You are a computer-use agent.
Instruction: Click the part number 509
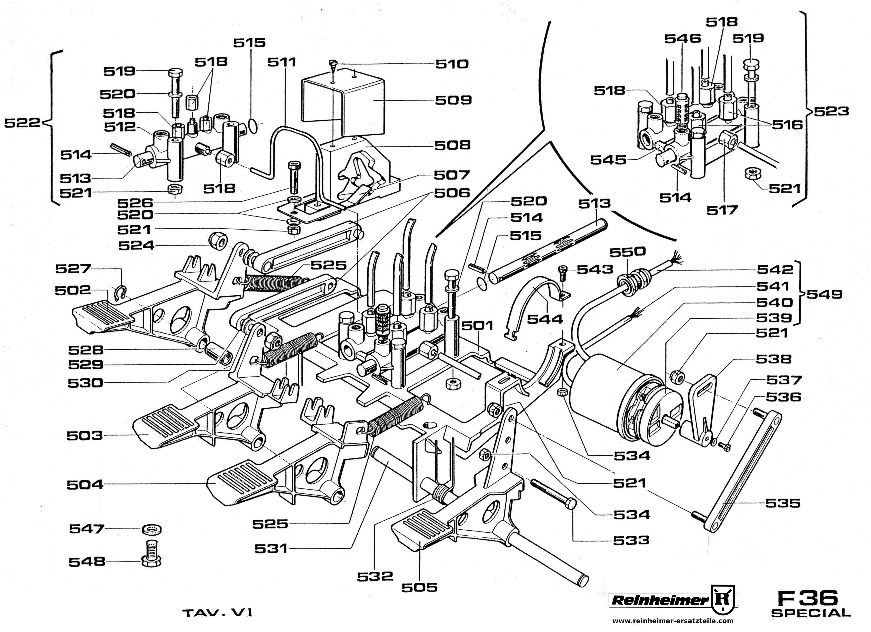[453, 100]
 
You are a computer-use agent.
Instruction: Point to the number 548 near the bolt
[87, 562]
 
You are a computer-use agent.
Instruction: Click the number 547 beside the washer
[87, 529]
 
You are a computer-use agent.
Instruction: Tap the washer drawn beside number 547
[152, 530]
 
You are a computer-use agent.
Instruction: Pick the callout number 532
[375, 576]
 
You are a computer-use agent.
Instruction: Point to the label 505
[420, 587]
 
